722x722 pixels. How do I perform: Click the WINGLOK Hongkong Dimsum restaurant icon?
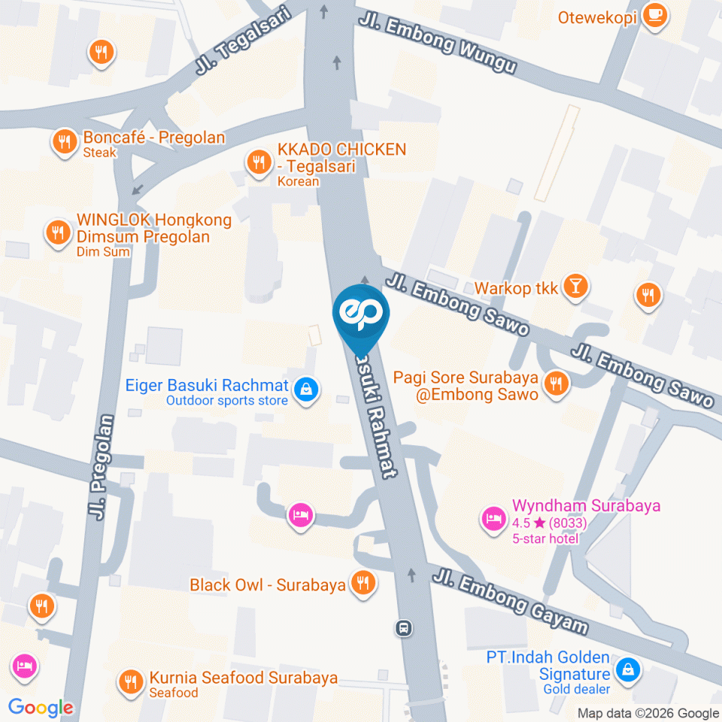[57, 232]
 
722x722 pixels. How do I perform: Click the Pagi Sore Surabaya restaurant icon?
[557, 384]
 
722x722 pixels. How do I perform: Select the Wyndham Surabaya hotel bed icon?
[493, 518]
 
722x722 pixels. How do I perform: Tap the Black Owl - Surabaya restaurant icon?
[362, 583]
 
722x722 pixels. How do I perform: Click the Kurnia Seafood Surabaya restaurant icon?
[132, 681]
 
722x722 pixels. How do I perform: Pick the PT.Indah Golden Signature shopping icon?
[627, 668]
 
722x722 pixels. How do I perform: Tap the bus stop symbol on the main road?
[405, 627]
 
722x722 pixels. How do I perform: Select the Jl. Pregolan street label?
[101, 467]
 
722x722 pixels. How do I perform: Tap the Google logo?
[41, 707]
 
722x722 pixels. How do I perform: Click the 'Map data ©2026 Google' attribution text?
[648, 713]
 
